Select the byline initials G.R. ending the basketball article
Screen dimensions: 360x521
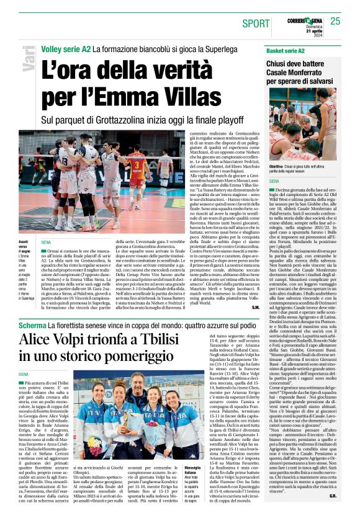point(332,514)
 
